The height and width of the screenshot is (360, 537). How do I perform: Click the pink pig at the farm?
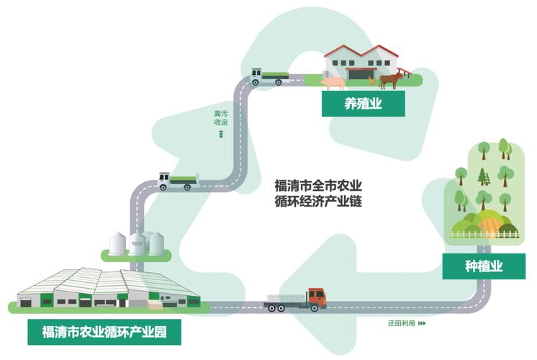[x=333, y=83]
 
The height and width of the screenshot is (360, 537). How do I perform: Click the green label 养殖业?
[x=363, y=105]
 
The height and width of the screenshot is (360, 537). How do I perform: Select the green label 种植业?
[x=483, y=266]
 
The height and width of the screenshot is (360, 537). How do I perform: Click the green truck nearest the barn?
[x=270, y=76]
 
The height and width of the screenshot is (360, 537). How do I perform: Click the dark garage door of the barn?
[x=358, y=74]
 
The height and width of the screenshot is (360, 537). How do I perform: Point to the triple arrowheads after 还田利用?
[x=422, y=323]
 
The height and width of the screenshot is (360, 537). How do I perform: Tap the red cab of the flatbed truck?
[x=317, y=297]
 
